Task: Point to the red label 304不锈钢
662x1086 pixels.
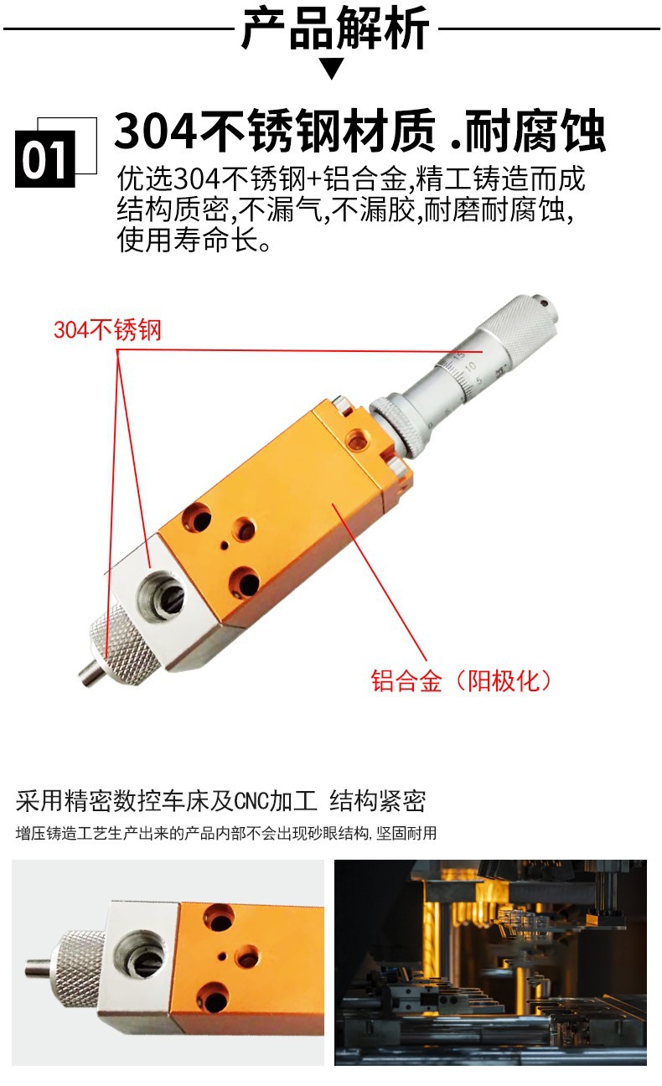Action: [x=106, y=330]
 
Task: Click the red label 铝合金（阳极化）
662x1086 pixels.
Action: [x=463, y=680]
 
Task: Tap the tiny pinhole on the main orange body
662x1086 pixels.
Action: [x=225, y=546]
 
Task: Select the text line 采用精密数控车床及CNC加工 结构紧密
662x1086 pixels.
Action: [x=221, y=801]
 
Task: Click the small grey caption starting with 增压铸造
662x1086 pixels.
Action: [x=226, y=834]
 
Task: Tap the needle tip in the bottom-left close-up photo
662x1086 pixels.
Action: [x=36, y=969]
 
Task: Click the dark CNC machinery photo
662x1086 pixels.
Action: [x=490, y=962]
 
